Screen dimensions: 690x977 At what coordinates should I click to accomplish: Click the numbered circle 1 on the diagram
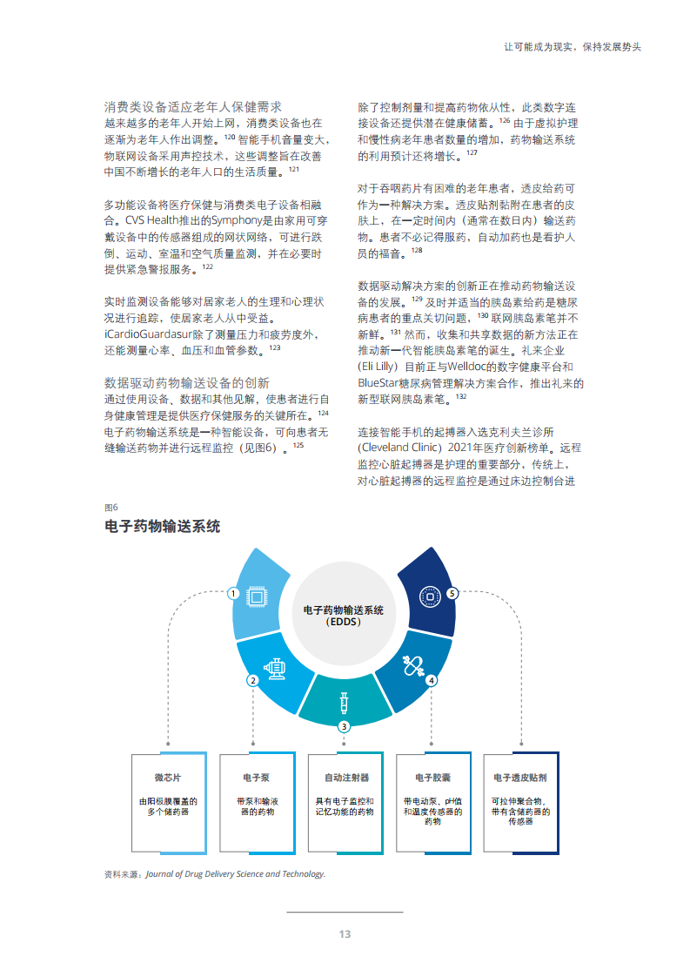[x=233, y=593]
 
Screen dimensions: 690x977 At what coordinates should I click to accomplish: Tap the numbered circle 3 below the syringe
[x=344, y=726]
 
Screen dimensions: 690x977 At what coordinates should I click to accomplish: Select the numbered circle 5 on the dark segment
[x=452, y=593]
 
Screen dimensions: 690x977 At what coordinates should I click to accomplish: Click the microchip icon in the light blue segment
[x=256, y=596]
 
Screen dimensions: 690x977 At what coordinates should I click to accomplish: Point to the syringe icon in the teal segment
[x=344, y=702]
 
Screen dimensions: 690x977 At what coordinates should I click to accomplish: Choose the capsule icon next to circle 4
[x=413, y=665]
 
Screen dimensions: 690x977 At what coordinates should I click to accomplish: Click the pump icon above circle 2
[x=275, y=669]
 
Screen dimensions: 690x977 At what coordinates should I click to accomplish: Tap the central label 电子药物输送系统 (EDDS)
[x=344, y=616]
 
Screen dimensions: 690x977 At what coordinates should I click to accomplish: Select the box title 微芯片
[x=168, y=778]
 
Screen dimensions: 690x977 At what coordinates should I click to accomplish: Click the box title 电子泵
[x=257, y=778]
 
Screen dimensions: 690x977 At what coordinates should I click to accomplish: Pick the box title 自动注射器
[x=346, y=778]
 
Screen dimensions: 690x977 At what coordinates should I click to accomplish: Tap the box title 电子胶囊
[x=432, y=778]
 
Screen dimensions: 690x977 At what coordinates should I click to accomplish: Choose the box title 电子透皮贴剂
[x=520, y=778]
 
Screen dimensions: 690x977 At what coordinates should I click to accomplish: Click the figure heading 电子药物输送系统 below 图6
[x=162, y=527]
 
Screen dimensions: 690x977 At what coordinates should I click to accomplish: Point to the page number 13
[x=345, y=934]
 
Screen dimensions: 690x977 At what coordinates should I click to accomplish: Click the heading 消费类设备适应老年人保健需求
[x=193, y=106]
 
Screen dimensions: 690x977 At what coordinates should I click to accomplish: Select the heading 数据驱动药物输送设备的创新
[x=187, y=382]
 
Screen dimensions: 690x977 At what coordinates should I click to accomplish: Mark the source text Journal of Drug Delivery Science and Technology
[x=236, y=873]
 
